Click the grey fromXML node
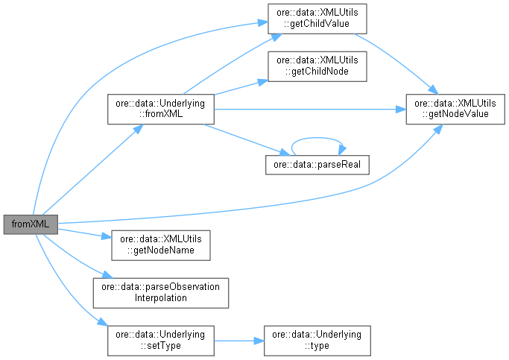(x=31, y=223)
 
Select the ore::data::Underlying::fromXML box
(x=162, y=109)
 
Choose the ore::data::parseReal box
(x=317, y=164)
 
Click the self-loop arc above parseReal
(x=317, y=137)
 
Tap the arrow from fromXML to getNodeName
(x=82, y=233)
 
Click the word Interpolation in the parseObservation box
(x=159, y=298)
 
